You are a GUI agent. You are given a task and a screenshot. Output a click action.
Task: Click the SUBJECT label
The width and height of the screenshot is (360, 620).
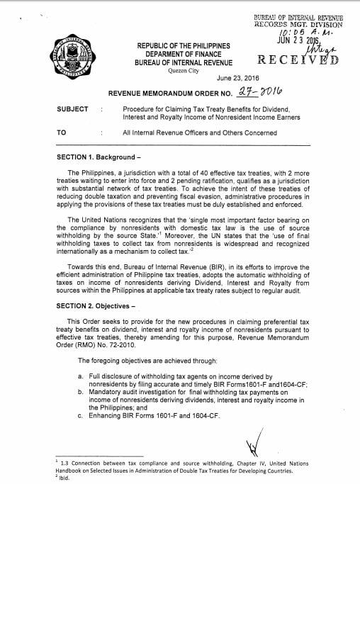pos(72,109)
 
